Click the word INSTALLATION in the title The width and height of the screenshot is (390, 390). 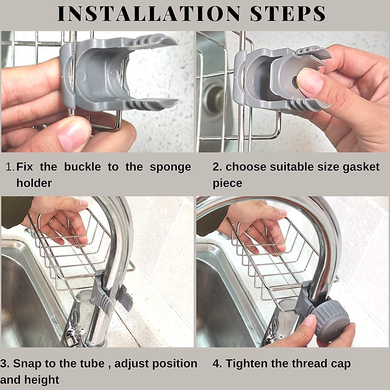point(148,14)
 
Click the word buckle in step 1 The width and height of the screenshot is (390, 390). point(82,167)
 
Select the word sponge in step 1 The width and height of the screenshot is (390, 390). point(170,167)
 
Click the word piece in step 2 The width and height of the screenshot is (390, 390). point(227,183)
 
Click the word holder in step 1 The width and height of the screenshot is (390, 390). point(34,183)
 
